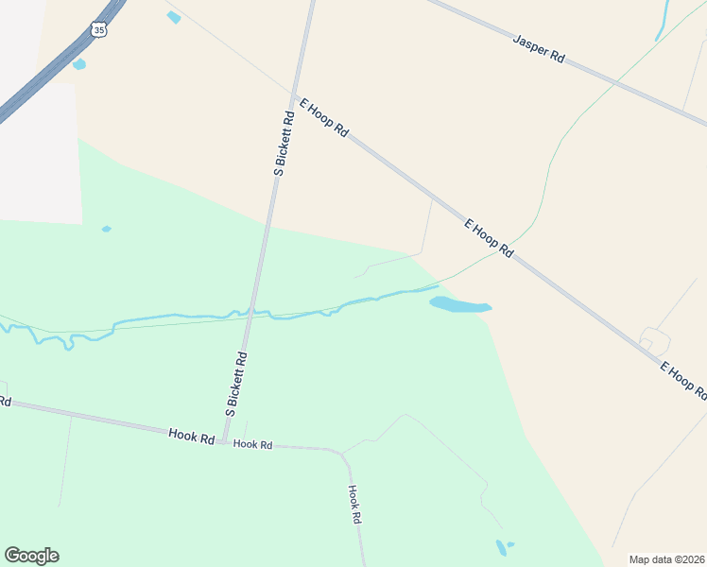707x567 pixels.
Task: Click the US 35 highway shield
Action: pyautogui.click(x=100, y=30)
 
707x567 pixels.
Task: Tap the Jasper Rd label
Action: pyautogui.click(x=539, y=48)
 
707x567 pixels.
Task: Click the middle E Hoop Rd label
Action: pyautogui.click(x=489, y=238)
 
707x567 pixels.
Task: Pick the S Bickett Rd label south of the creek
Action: pyautogui.click(x=236, y=385)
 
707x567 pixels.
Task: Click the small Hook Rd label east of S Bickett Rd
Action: pyautogui.click(x=252, y=443)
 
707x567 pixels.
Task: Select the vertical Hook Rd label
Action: pyautogui.click(x=354, y=505)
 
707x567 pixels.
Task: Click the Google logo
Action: pyautogui.click(x=31, y=556)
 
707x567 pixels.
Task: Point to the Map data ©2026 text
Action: pyautogui.click(x=665, y=558)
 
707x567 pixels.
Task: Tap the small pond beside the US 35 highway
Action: pyautogui.click(x=78, y=64)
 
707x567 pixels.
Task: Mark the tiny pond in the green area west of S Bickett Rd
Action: pyautogui.click(x=106, y=229)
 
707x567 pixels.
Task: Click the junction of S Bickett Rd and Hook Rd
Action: pyautogui.click(x=225, y=441)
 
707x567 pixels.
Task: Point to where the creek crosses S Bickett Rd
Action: pyautogui.click(x=250, y=312)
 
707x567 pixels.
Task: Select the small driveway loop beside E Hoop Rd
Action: pyautogui.click(x=654, y=338)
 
